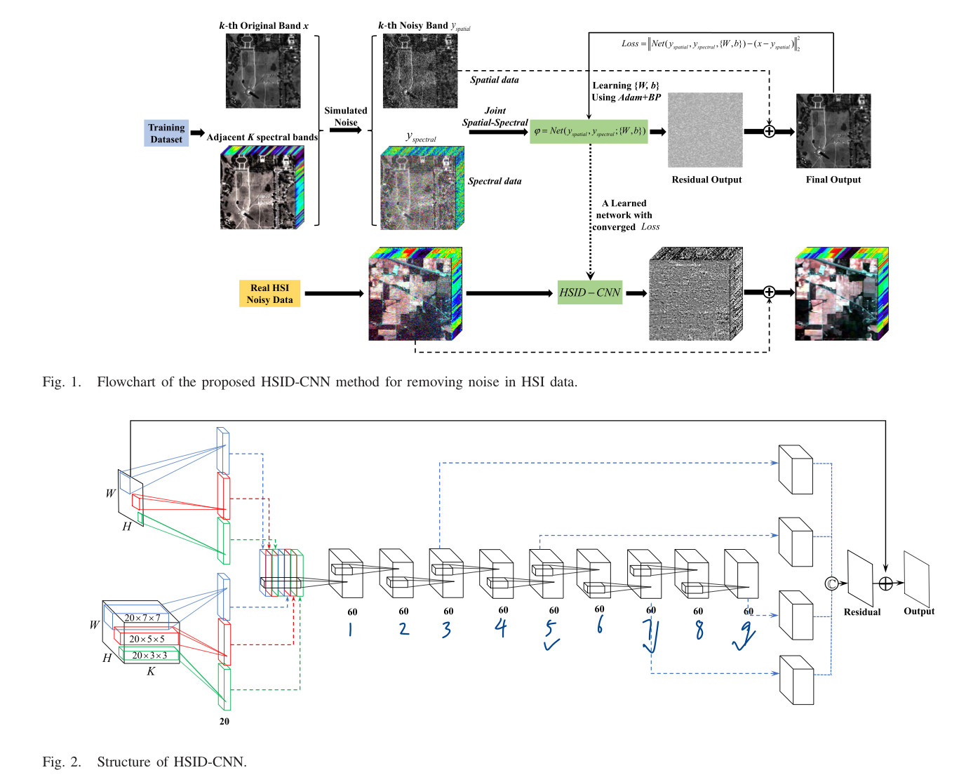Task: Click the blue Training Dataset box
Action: (x=166, y=133)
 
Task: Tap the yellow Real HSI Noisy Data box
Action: (x=269, y=294)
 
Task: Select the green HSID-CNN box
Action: (x=590, y=292)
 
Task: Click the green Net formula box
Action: (x=589, y=131)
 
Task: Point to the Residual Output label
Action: (x=706, y=180)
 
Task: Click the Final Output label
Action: (x=833, y=180)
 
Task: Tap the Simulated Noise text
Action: (x=345, y=116)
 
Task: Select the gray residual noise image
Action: (x=705, y=130)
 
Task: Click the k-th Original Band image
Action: (x=263, y=71)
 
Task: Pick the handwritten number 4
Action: (x=500, y=628)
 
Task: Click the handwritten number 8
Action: (x=699, y=630)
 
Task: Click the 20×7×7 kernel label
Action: (x=142, y=618)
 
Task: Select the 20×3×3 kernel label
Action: (x=149, y=656)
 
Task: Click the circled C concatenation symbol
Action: (x=831, y=583)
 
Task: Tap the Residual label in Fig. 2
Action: (x=861, y=612)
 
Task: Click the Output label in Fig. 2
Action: (x=918, y=611)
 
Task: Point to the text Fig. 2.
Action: (x=62, y=762)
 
